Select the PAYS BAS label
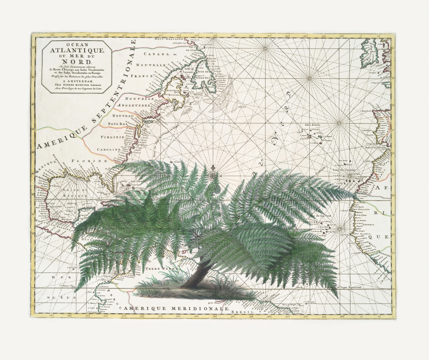coord(119,123)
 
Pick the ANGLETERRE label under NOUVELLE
coord(121,104)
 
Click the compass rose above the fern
coord(213,174)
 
